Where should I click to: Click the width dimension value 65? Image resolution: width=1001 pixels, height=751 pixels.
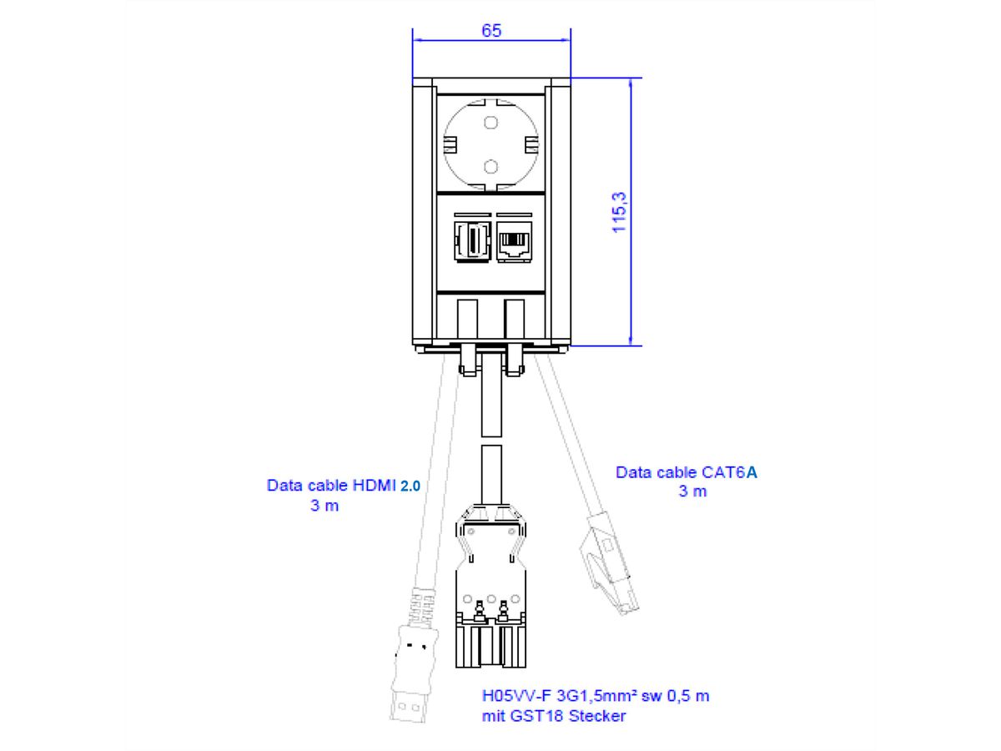click(491, 31)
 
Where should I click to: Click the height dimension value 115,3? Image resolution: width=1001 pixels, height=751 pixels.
click(620, 210)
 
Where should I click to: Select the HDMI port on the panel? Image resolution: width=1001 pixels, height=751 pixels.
click(471, 241)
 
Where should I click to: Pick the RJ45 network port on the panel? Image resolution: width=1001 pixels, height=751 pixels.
click(511, 241)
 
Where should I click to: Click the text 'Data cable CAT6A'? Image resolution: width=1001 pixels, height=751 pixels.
click(687, 472)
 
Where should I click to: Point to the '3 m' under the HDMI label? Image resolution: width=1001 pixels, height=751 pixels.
click(324, 506)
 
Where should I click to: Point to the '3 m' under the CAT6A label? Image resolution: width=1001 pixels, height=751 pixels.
click(692, 491)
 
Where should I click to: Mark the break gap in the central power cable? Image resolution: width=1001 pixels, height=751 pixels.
click(491, 441)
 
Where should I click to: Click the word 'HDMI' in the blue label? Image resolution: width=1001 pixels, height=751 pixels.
click(374, 485)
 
